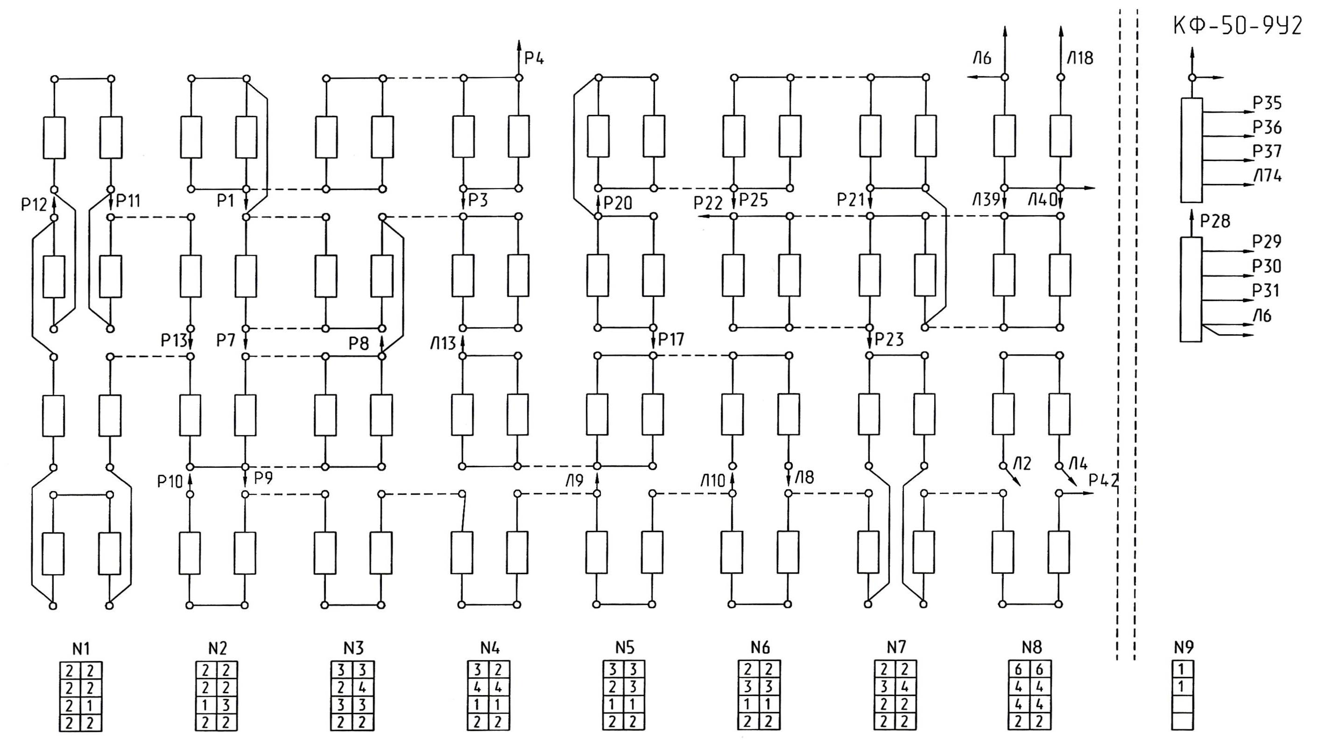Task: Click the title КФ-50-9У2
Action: point(1237,26)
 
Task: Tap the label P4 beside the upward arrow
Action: point(534,58)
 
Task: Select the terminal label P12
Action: point(34,205)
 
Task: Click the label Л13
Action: point(443,344)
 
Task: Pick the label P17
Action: point(671,339)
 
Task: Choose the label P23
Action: point(889,339)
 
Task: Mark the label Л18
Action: point(1081,58)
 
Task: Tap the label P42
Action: point(1103,480)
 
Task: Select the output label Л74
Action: point(1267,176)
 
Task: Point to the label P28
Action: point(1215,221)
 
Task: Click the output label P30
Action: point(1266,266)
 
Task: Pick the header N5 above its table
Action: point(625,647)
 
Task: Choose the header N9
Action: point(1184,647)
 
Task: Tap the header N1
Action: point(81,648)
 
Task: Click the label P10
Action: point(170,482)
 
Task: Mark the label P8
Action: point(359,344)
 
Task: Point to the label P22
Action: point(708,203)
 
